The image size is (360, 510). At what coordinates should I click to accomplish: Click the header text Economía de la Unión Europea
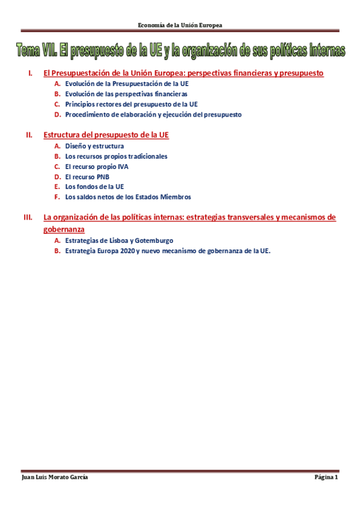click(x=180, y=25)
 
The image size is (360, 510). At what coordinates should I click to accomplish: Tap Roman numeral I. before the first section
click(x=30, y=73)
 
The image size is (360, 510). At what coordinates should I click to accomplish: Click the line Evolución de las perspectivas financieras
click(x=126, y=94)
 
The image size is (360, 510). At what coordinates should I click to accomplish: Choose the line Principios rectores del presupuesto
click(x=131, y=104)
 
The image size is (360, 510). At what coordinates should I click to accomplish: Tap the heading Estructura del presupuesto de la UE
click(x=106, y=135)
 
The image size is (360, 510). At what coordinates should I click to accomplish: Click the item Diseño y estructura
click(x=94, y=146)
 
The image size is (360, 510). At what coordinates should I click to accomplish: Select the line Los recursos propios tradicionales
click(x=116, y=156)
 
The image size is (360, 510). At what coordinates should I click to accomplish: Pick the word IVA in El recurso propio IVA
click(x=123, y=167)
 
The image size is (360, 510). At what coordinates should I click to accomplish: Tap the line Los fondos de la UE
click(x=94, y=187)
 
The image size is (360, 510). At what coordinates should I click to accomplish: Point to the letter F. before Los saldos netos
click(x=57, y=197)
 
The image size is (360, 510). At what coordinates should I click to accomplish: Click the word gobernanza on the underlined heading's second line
click(x=64, y=230)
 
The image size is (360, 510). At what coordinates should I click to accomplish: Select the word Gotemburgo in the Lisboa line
click(x=154, y=241)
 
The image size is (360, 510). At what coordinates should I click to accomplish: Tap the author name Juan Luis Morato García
click(x=55, y=478)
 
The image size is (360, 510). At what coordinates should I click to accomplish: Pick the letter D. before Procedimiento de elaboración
click(x=57, y=114)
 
